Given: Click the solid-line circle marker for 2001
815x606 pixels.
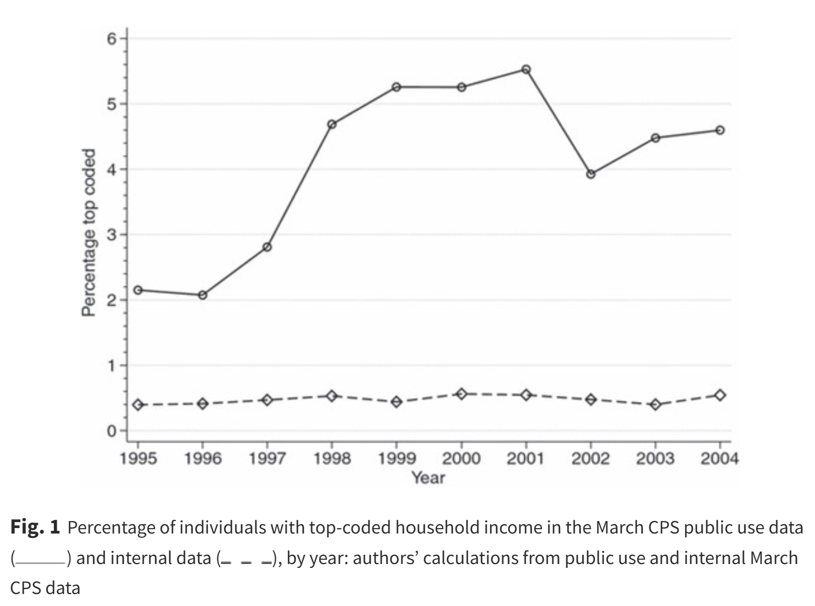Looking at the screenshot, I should tap(526, 69).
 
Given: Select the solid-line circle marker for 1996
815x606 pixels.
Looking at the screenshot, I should tap(202, 295).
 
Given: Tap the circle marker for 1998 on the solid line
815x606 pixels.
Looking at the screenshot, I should tap(332, 124).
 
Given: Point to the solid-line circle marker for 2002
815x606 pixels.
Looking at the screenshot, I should tap(591, 174).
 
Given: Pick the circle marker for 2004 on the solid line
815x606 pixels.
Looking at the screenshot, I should tap(720, 130).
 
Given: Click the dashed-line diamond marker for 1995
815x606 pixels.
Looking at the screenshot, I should tap(138, 405).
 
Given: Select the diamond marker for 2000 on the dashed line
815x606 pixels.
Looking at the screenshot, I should tap(462, 393).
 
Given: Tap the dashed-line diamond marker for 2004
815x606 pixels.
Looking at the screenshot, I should tap(720, 395).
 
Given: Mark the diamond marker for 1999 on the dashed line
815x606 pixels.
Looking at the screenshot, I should tap(397, 402).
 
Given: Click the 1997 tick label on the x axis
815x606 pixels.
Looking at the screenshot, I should tap(267, 459).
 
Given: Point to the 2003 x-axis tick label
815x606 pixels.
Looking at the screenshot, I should tap(655, 459).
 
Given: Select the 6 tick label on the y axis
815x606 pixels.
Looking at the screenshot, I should tap(112, 39).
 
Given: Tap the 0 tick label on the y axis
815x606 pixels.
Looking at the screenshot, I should tap(112, 431).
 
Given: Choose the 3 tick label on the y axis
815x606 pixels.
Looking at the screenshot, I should tap(112, 235).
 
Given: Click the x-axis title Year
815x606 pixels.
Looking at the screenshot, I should tap(428, 478).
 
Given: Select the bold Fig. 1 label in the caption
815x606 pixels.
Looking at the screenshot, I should tap(35, 528).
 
